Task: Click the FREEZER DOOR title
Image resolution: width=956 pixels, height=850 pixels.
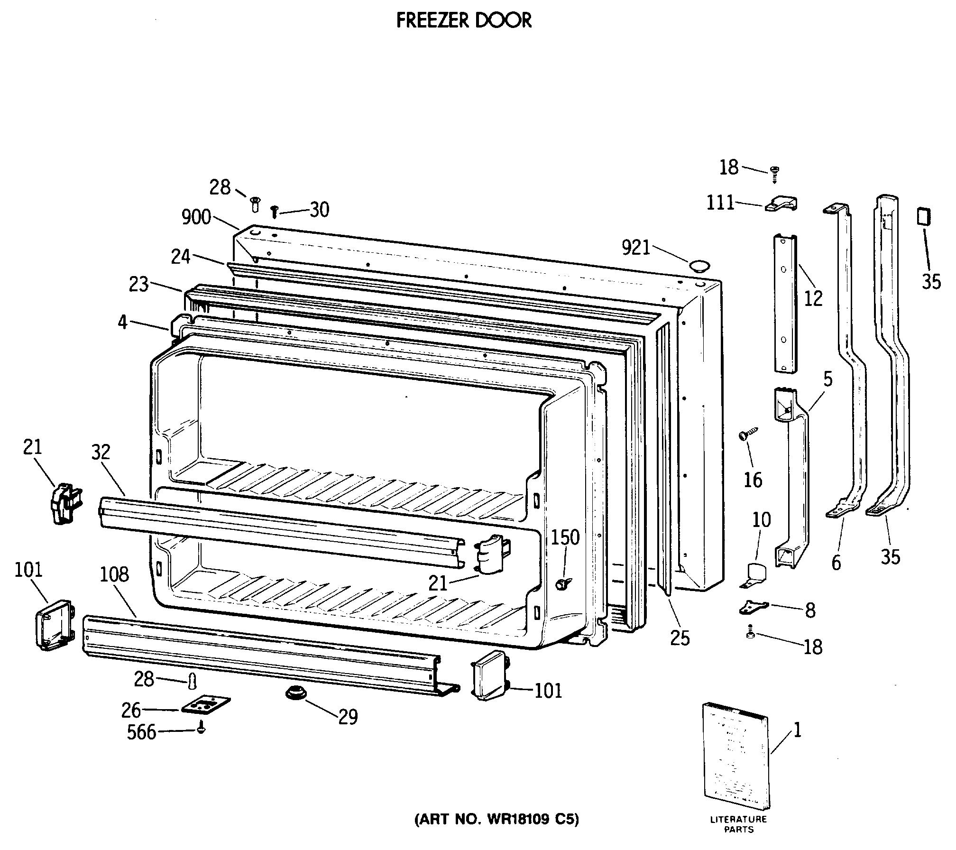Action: tap(464, 21)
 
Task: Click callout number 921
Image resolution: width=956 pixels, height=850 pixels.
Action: tap(635, 247)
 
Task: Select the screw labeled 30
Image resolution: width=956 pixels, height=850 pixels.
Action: tap(274, 211)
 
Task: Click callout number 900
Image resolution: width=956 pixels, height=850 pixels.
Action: tap(196, 217)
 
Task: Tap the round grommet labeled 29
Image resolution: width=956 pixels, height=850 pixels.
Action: tap(295, 693)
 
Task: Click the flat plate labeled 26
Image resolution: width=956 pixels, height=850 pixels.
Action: tap(206, 704)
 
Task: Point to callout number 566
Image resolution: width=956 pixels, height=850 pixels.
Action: tap(141, 732)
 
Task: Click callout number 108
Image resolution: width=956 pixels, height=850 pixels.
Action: tap(114, 574)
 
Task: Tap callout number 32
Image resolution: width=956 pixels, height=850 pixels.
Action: tap(101, 452)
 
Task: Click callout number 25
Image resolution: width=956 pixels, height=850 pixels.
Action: tap(680, 638)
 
